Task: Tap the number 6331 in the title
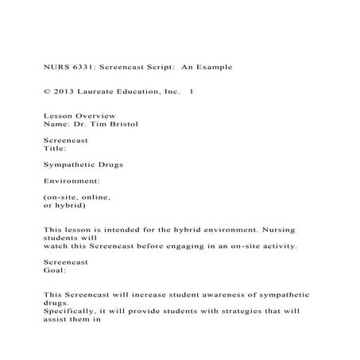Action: pyautogui.click(x=83, y=67)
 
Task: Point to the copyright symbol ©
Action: pyautogui.click(x=45, y=92)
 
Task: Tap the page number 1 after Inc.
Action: pyautogui.click(x=192, y=92)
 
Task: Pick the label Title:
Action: pyautogui.click(x=55, y=149)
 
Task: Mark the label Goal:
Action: pyautogui.click(x=55, y=270)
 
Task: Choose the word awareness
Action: pyautogui.click(x=221, y=295)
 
